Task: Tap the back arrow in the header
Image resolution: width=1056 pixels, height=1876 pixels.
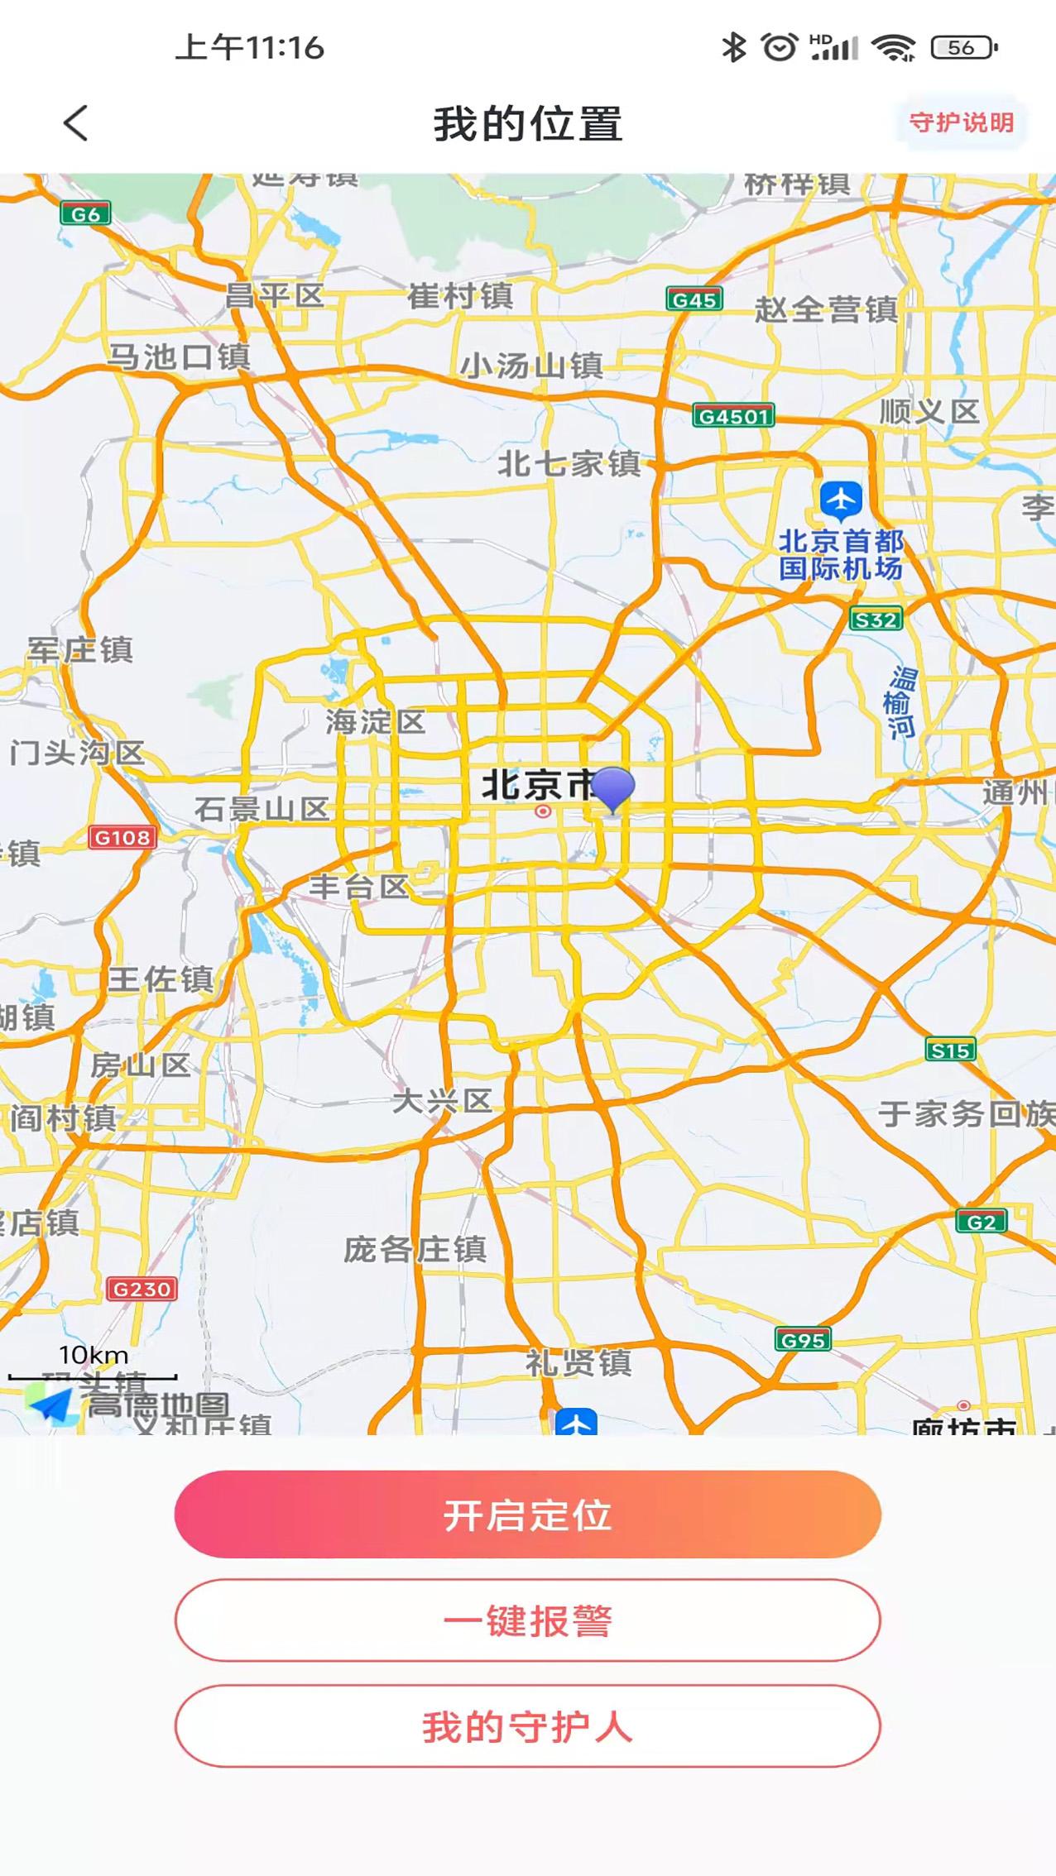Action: coord(76,124)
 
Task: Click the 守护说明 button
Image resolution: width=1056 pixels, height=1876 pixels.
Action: coord(961,123)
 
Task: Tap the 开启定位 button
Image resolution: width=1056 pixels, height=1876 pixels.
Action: coord(527,1514)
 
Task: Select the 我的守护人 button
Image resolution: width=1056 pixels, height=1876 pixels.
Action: coord(527,1726)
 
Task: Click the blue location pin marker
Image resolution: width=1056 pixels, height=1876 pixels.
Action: coord(613,787)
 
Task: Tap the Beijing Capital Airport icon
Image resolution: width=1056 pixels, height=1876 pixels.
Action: coord(841,500)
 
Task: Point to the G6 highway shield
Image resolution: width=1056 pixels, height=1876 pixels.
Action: coord(85,214)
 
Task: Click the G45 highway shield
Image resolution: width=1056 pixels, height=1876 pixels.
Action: coord(694,299)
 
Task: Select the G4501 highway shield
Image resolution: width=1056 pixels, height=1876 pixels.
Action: coord(733,416)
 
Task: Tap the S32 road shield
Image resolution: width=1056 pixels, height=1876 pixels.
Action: coord(876,620)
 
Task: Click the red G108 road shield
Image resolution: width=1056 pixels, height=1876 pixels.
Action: coord(122,838)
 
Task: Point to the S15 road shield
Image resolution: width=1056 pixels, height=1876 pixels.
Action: coord(949,1050)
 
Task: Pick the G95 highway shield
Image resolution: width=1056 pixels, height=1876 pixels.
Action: coord(803,1339)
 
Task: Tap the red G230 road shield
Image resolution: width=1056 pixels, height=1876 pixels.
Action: coord(142,1289)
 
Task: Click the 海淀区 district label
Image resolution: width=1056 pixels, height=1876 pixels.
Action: coord(375,722)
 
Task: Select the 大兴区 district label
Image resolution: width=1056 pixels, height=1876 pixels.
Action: coord(442,1101)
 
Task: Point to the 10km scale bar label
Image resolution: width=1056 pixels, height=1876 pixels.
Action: coord(94,1355)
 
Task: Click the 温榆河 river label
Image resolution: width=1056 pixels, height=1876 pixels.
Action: coord(900,702)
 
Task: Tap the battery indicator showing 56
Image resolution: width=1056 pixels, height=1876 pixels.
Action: coord(963,48)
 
